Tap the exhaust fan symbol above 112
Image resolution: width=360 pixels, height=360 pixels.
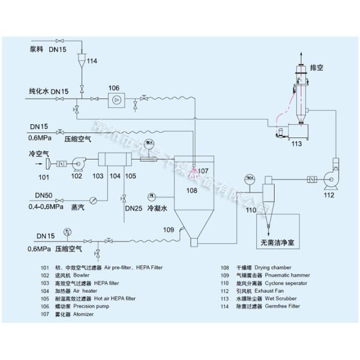click(330, 178)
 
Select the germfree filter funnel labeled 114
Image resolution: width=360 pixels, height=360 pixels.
click(82, 60)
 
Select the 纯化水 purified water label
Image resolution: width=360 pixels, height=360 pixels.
click(40, 91)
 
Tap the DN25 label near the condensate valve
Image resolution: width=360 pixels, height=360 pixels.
click(133, 208)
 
